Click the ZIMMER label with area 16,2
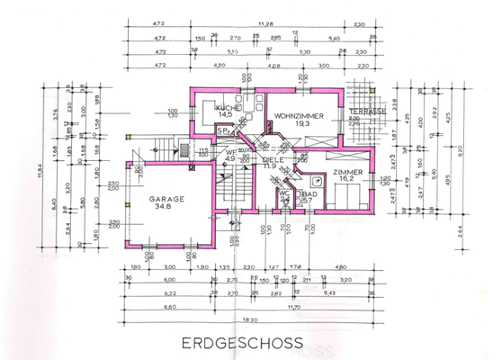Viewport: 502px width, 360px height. [346, 171]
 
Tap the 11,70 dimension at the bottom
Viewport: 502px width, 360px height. [296, 306]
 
